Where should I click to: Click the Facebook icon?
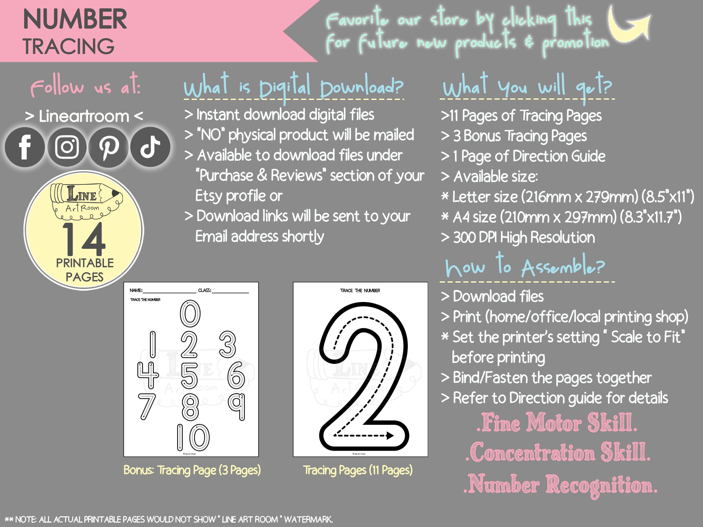25,147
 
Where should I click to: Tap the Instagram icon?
67,147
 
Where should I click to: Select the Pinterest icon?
108,147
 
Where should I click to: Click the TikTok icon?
150,147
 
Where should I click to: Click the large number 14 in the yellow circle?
84,239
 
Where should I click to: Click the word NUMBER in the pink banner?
75,19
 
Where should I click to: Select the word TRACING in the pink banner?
69,46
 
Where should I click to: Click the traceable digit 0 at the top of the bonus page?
190,314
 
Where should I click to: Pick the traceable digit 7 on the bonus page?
147,406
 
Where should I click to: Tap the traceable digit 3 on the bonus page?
228,344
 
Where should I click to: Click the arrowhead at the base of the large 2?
390,435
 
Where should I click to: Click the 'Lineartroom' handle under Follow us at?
84,116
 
